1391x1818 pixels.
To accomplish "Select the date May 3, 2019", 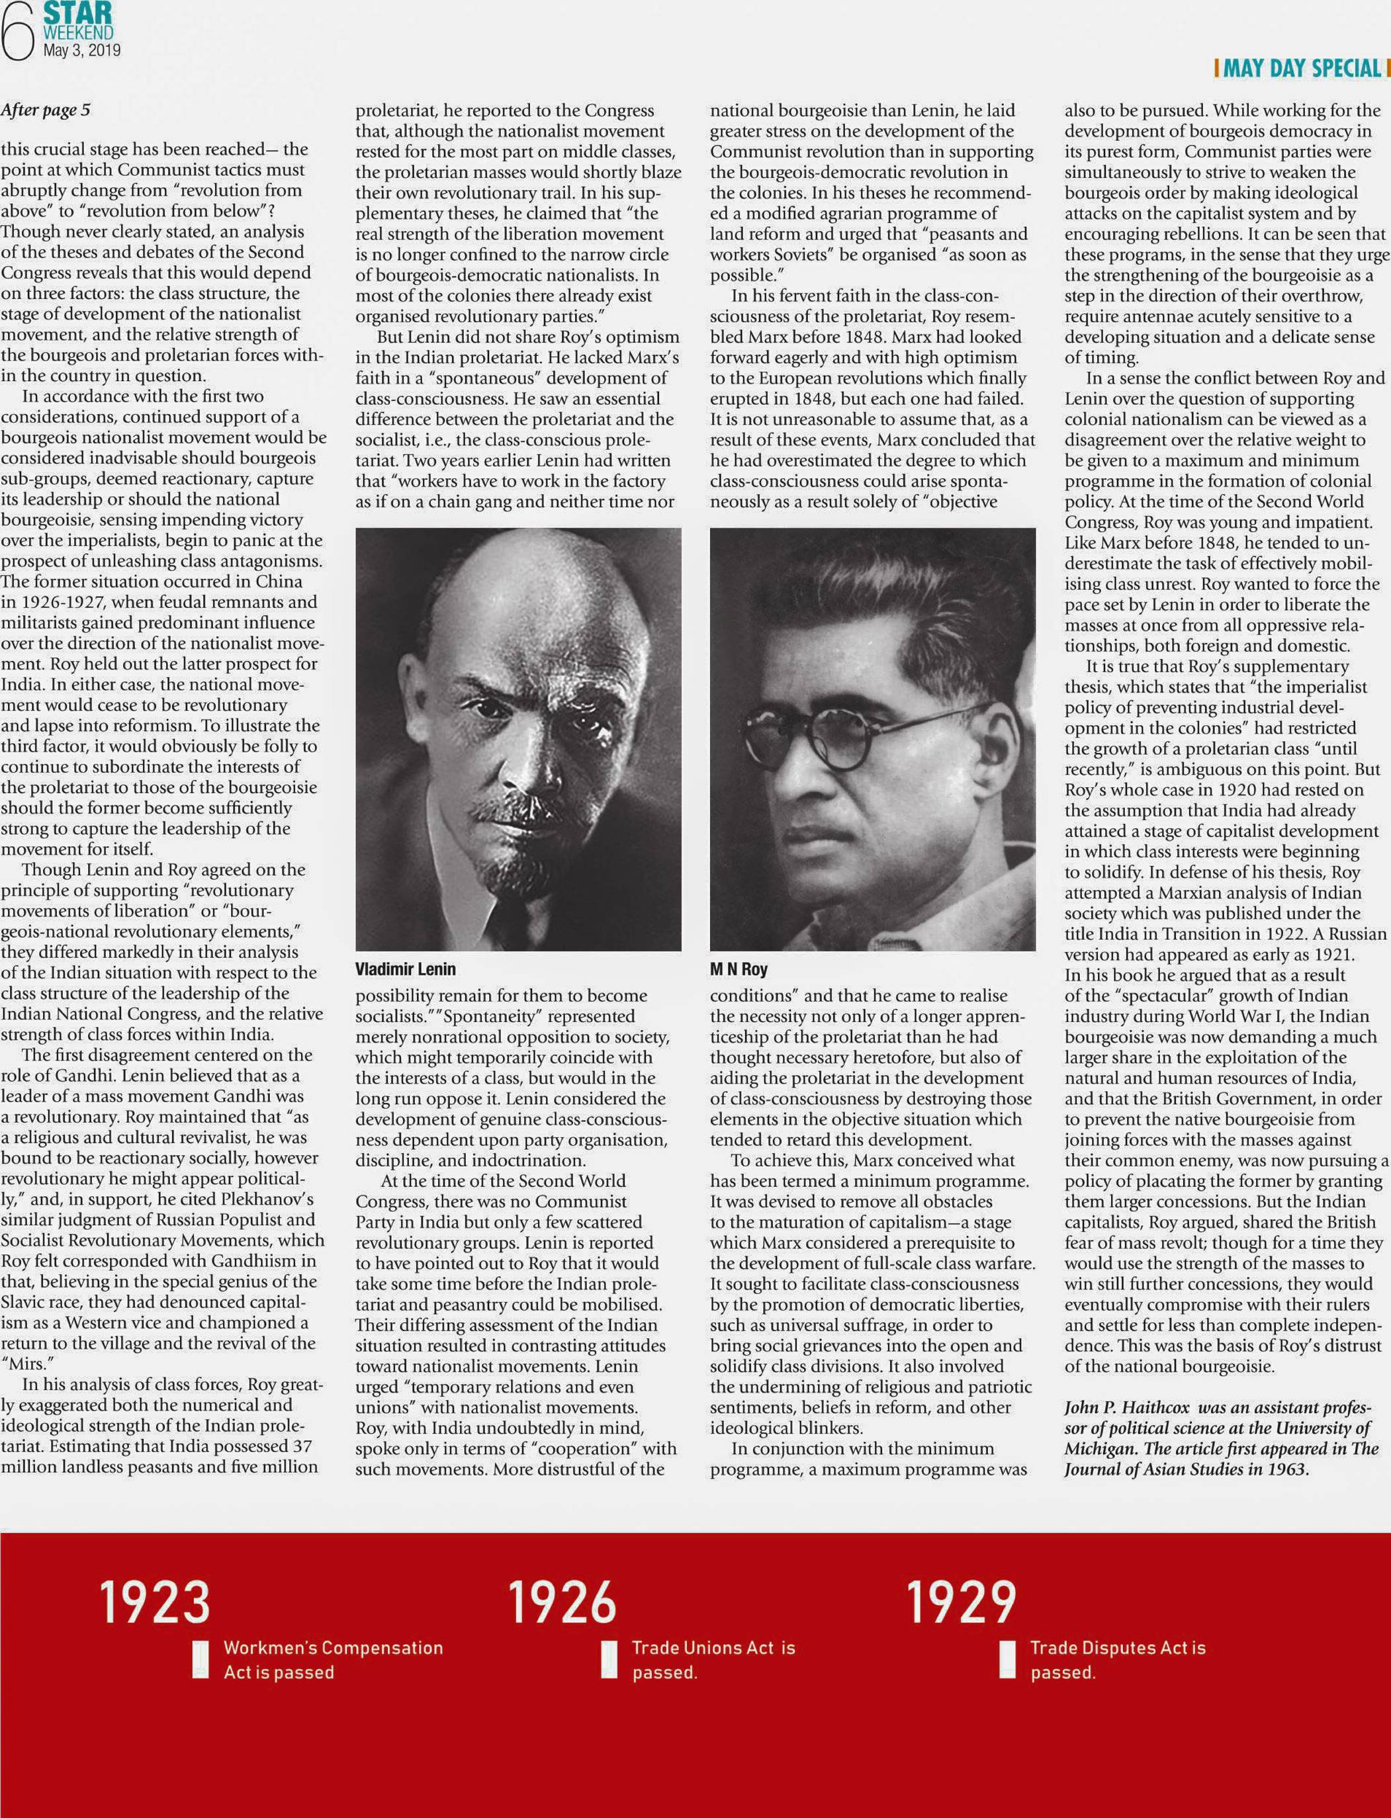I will pyautogui.click(x=81, y=50).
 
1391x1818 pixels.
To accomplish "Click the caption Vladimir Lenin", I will pyautogui.click(x=405, y=969).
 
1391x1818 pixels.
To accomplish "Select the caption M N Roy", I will pyautogui.click(x=739, y=969).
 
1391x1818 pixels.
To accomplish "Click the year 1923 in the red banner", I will pyautogui.click(x=155, y=1603).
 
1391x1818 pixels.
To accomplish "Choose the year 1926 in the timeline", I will pyautogui.click(x=562, y=1603).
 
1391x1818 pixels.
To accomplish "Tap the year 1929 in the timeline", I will pyautogui.click(x=962, y=1603).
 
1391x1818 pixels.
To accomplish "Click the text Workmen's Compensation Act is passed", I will pyautogui.click(x=333, y=1660).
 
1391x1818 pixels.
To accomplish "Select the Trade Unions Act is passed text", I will pyautogui.click(x=713, y=1660).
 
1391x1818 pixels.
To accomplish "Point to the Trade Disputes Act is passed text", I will pyautogui.click(x=1118, y=1660).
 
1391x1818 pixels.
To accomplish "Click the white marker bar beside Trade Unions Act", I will pyautogui.click(x=609, y=1659).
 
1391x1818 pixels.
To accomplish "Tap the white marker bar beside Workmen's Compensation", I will pyautogui.click(x=200, y=1659).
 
